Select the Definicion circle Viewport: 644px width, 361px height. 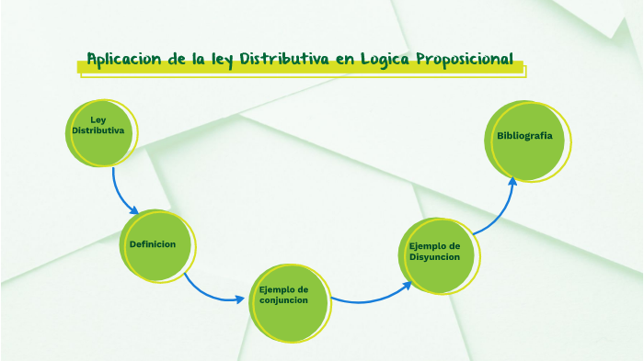pyautogui.click(x=158, y=245)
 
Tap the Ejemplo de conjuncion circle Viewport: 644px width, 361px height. pyautogui.click(x=289, y=299)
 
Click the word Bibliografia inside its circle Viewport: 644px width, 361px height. pyautogui.click(x=524, y=135)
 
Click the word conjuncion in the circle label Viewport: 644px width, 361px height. pyautogui.click(x=283, y=300)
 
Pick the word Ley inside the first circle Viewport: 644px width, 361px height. pyautogui.click(x=98, y=120)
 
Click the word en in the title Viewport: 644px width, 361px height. pyautogui.click(x=345, y=60)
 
